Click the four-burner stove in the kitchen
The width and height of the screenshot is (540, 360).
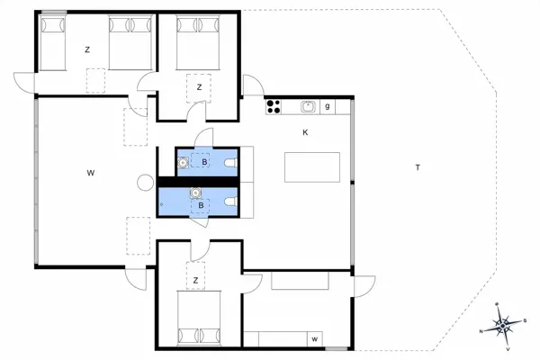tap(274, 106)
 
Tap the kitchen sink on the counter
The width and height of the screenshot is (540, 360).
tap(308, 106)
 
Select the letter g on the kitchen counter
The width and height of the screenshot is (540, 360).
tap(328, 106)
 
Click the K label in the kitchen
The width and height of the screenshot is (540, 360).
tap(306, 132)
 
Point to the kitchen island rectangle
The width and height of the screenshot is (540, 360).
tap(312, 167)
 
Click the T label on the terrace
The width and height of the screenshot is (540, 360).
tap(417, 168)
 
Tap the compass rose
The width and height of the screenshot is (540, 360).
tap(501, 325)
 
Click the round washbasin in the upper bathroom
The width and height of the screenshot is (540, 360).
tap(184, 163)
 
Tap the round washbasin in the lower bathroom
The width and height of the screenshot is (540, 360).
tap(195, 192)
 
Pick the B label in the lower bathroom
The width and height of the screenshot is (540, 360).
tap(201, 206)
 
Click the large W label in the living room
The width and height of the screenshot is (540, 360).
tap(91, 171)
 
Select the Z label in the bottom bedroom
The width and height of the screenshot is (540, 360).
tap(195, 281)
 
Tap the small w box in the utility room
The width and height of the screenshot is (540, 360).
tap(315, 338)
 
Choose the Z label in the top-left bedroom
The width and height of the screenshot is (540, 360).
tap(87, 50)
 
